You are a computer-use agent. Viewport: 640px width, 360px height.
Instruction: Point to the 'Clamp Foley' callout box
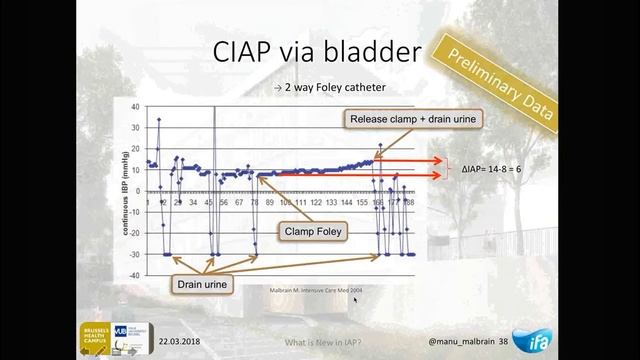[311, 232]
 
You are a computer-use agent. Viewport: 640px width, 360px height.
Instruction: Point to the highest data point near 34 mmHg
[158, 120]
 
